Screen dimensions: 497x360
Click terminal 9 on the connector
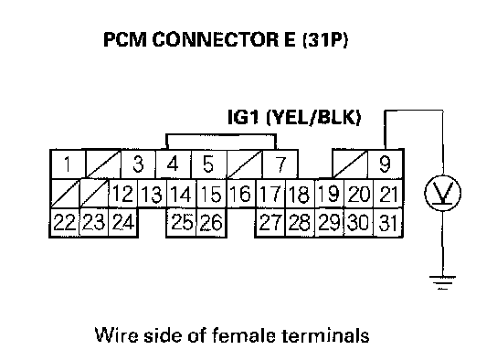[386, 164]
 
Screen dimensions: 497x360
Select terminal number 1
[68, 164]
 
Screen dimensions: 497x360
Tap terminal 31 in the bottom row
[388, 222]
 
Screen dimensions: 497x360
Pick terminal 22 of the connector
[65, 222]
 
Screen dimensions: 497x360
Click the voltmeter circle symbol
[443, 193]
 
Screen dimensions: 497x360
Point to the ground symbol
[442, 282]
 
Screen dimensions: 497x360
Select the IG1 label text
[243, 117]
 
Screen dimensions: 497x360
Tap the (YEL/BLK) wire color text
[313, 117]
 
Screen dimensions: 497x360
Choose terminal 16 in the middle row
[241, 194]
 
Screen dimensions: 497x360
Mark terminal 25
[182, 222]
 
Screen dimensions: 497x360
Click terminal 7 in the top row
[280, 164]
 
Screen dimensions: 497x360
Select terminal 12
[123, 194]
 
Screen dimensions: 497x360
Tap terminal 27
[270, 222]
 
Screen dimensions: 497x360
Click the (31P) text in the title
[325, 40]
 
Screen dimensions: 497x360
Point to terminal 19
[329, 194]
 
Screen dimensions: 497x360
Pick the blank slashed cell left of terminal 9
[350, 164]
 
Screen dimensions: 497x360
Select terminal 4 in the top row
[174, 164]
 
